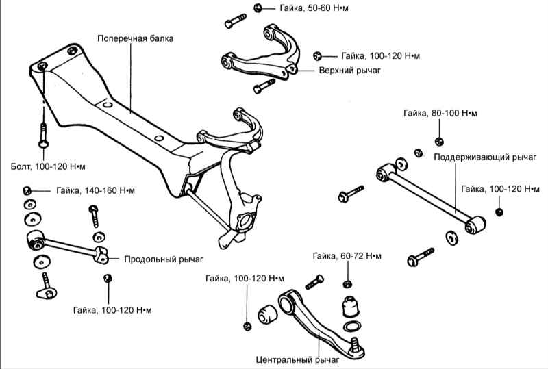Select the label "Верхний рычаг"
point(349,70)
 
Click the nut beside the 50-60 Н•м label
point(258,8)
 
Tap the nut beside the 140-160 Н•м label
point(28,190)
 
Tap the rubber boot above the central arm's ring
point(351,305)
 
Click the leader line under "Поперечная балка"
point(131,75)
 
